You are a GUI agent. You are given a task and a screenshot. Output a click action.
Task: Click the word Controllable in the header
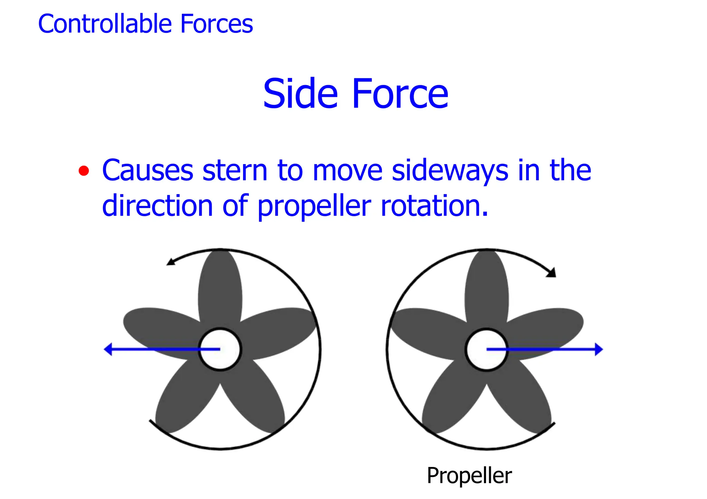pyautogui.click(x=105, y=24)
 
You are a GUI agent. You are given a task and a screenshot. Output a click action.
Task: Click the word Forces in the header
pyautogui.click(x=216, y=24)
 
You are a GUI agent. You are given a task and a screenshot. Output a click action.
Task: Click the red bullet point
pyautogui.click(x=84, y=171)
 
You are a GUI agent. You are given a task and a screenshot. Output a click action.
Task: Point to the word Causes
pyautogui.click(x=148, y=170)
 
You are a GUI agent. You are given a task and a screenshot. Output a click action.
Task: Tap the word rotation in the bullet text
pyautogui.click(x=434, y=206)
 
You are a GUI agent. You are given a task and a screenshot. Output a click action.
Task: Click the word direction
pyautogui.click(x=157, y=206)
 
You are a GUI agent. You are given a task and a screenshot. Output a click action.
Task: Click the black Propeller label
pyautogui.click(x=469, y=476)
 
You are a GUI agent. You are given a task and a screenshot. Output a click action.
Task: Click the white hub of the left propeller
pyautogui.click(x=220, y=349)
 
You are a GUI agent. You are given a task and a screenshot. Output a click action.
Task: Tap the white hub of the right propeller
pyautogui.click(x=486, y=349)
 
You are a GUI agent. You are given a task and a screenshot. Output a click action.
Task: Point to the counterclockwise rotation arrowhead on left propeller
pyautogui.click(x=170, y=262)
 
